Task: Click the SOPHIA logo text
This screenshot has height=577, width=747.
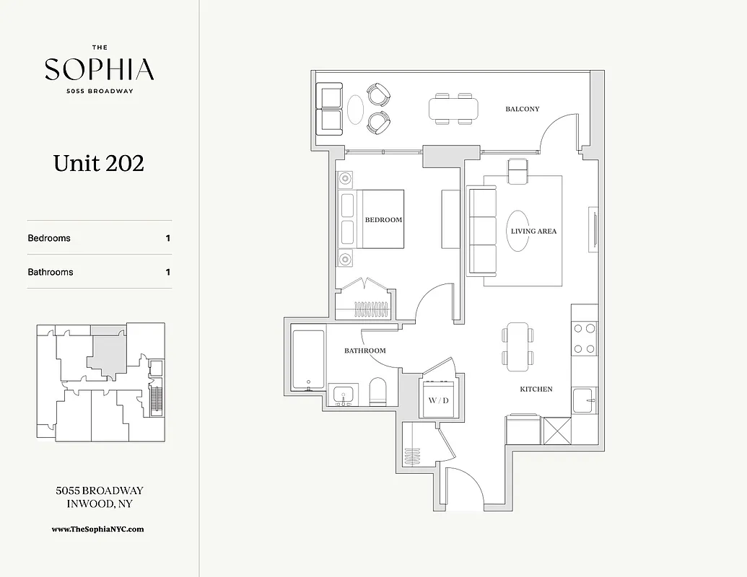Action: click(99, 70)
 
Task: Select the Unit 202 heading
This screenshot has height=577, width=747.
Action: click(99, 163)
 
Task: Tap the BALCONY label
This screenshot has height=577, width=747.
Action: click(522, 109)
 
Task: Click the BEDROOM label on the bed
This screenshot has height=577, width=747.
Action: click(383, 219)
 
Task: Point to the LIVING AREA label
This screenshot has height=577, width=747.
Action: click(533, 232)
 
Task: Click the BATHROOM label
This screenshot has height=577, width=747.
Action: click(364, 351)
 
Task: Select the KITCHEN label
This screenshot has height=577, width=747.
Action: click(536, 389)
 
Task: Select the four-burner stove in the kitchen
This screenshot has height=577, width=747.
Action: click(584, 339)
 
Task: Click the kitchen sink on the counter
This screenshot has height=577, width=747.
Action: click(582, 399)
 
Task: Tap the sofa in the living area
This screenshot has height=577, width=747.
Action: click(481, 231)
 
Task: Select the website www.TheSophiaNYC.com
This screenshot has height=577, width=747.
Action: click(98, 529)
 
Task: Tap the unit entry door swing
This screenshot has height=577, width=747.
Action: click(462, 487)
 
